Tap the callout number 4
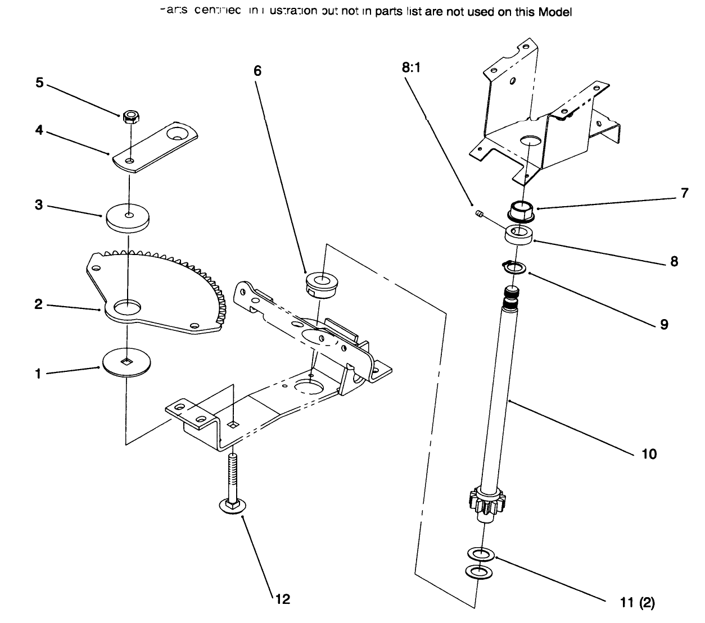point(39,130)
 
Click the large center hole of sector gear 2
point(128,307)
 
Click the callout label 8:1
point(412,68)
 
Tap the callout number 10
point(649,453)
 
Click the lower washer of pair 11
point(477,572)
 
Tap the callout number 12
point(283,599)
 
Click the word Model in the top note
point(555,12)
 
